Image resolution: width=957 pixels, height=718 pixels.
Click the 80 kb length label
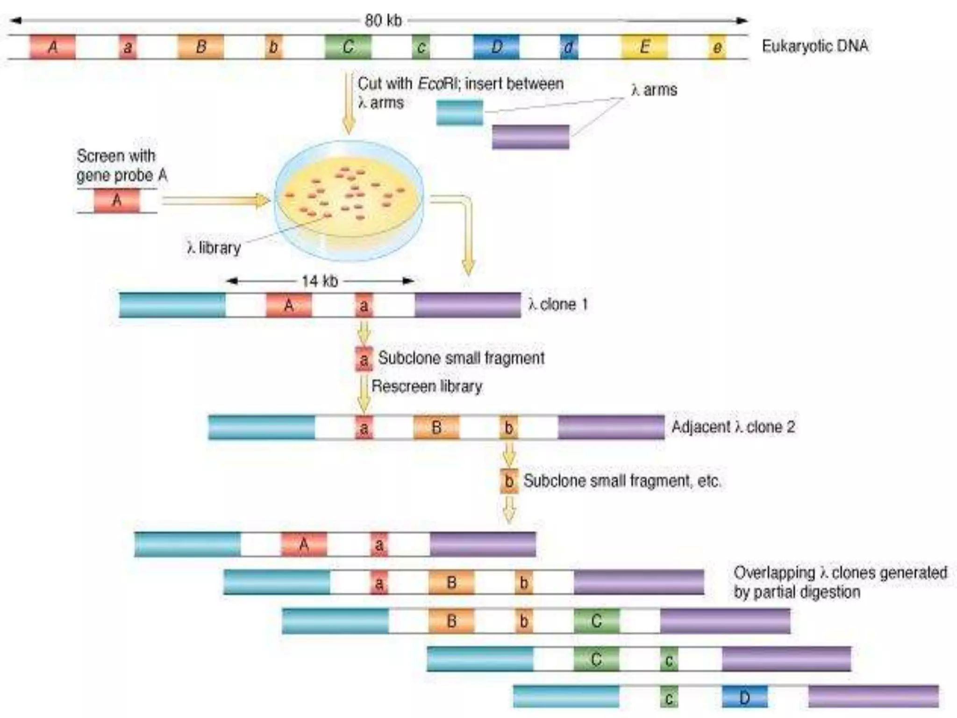click(383, 21)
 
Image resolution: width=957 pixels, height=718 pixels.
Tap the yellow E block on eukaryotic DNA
click(644, 47)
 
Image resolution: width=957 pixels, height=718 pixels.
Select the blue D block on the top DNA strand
click(496, 47)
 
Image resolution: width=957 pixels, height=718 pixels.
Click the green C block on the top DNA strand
click(348, 47)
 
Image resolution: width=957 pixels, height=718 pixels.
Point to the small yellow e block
click(717, 47)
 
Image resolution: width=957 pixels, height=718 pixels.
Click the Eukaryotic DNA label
click(815, 46)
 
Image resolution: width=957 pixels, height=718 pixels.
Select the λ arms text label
click(654, 90)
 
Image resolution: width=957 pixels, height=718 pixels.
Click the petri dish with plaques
click(349, 200)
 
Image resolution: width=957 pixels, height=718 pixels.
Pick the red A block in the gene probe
click(117, 201)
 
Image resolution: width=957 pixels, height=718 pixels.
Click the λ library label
click(214, 248)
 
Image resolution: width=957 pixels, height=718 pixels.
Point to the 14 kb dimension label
click(320, 281)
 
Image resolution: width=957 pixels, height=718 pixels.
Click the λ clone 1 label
click(558, 305)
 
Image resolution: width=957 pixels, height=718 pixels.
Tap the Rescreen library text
click(427, 387)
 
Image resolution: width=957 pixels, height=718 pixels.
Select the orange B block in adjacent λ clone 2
click(436, 427)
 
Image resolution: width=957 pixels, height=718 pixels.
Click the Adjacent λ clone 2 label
click(733, 427)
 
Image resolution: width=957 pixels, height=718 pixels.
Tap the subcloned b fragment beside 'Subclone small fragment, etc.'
click(509, 481)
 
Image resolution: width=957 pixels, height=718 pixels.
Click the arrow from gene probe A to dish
click(215, 201)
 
